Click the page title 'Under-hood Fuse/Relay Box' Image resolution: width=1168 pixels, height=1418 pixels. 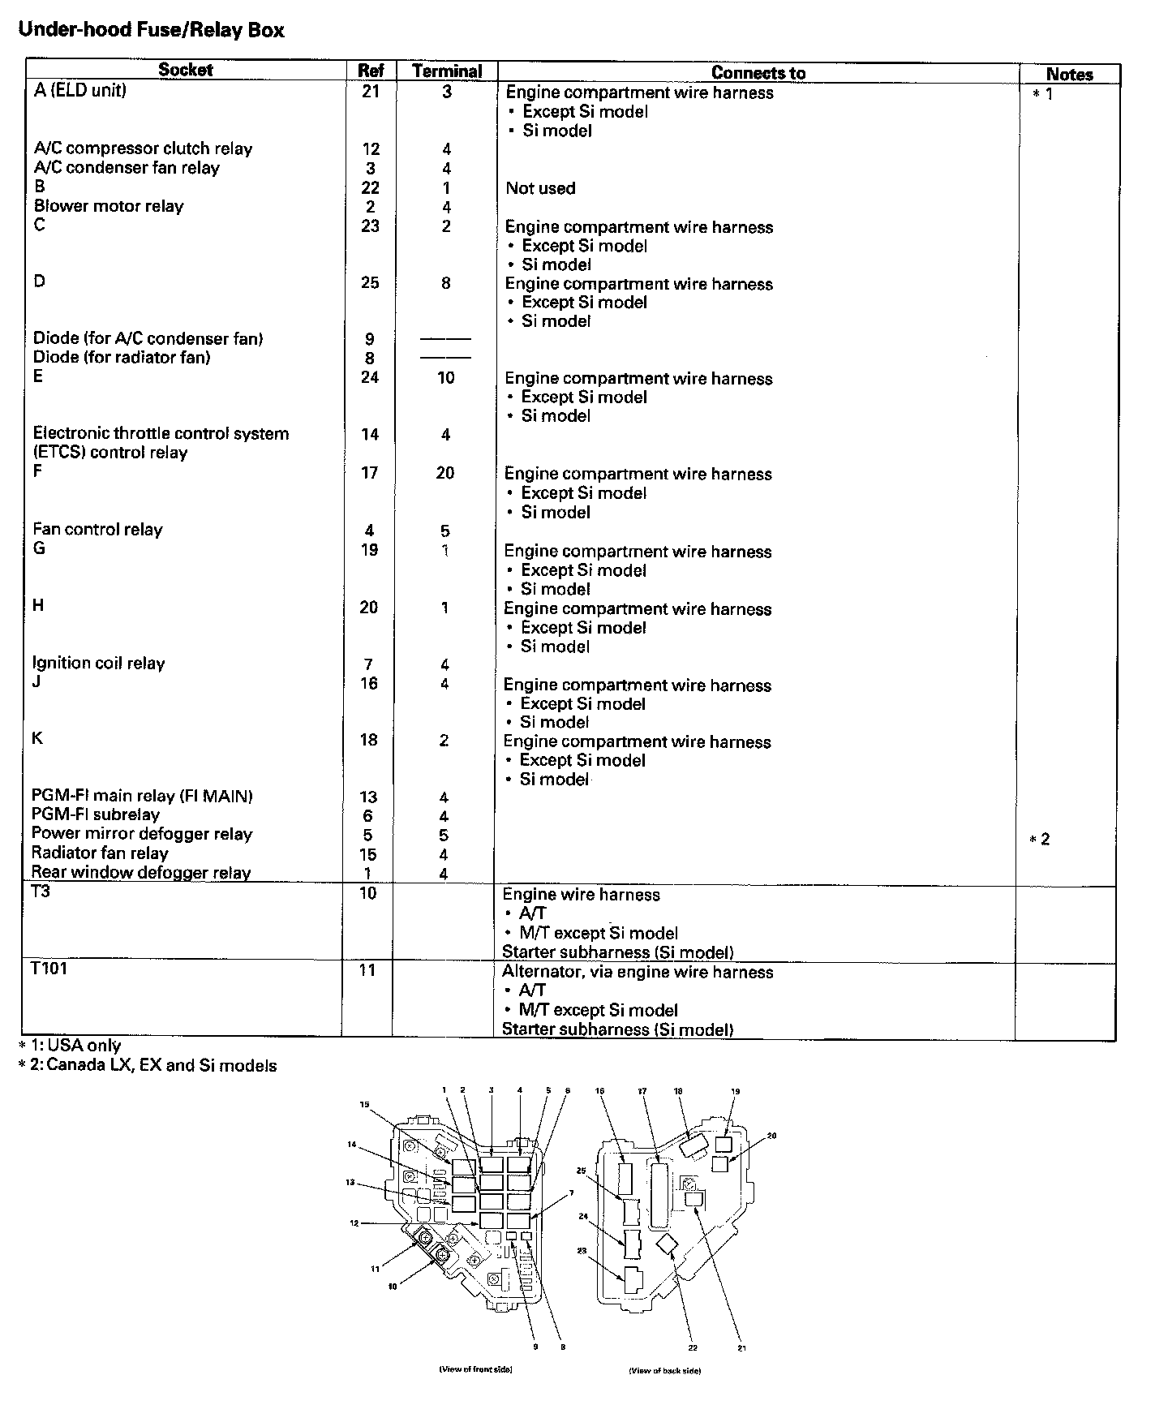pyautogui.click(x=151, y=31)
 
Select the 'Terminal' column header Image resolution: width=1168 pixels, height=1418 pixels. pyautogui.click(x=447, y=71)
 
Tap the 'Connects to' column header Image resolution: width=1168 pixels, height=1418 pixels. pyautogui.click(x=758, y=73)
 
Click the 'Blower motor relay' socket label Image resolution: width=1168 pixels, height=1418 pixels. pyautogui.click(x=109, y=206)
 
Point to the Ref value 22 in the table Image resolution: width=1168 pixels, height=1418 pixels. pyautogui.click(x=371, y=187)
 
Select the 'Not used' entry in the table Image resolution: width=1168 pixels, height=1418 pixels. pyautogui.click(x=540, y=188)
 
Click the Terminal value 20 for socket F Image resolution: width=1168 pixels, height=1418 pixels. pyautogui.click(x=445, y=473)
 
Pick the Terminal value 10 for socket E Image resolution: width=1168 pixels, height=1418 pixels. pyautogui.click(x=446, y=377)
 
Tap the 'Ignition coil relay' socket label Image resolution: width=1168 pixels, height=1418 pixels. pyautogui.click(x=98, y=663)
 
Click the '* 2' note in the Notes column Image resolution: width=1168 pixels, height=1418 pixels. pyautogui.click(x=1040, y=839)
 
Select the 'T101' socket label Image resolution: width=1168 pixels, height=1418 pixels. pyautogui.click(x=49, y=969)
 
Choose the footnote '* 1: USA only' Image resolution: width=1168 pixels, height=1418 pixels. pyautogui.click(x=71, y=1046)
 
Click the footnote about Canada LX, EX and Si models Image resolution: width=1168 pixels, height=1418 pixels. pyautogui.click(x=148, y=1066)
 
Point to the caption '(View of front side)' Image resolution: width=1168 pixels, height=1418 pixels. pyautogui.click(x=475, y=1369)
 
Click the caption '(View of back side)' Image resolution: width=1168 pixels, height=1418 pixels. pyautogui.click(x=665, y=1370)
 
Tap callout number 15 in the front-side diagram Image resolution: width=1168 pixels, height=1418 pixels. pyautogui.click(x=364, y=1104)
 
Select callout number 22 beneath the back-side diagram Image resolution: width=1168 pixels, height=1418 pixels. pyautogui.click(x=693, y=1347)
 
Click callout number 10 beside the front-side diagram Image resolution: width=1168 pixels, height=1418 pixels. pyautogui.click(x=393, y=1286)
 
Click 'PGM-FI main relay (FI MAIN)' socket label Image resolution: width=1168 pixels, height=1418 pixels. pyautogui.click(x=142, y=796)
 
